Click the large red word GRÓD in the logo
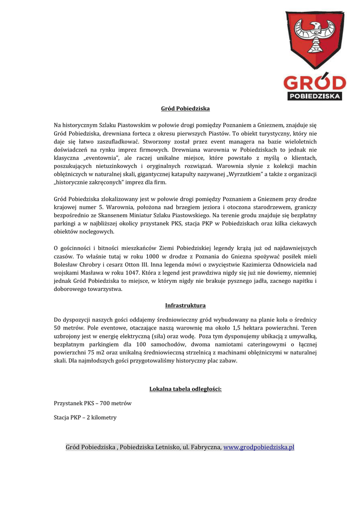point(314,83)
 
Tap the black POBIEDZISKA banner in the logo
point(314,95)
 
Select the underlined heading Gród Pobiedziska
point(185,108)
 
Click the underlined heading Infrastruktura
point(185,305)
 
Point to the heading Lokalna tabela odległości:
point(185,389)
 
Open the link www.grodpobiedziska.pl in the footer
point(259,447)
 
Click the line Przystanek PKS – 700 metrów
point(92,403)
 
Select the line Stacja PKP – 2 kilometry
point(85,418)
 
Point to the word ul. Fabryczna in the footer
point(202,447)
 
